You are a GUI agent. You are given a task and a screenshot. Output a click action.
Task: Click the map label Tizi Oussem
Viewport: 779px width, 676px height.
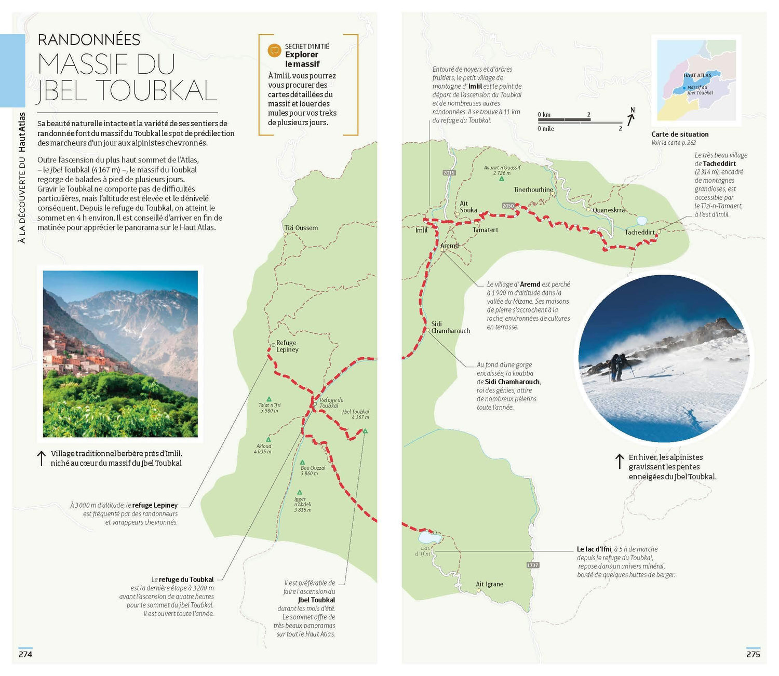pyautogui.click(x=301, y=228)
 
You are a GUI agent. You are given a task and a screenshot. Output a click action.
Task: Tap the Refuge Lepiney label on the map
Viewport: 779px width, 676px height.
pyautogui.click(x=287, y=346)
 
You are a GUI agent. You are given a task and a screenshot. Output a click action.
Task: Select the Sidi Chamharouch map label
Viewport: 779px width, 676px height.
pyautogui.click(x=450, y=328)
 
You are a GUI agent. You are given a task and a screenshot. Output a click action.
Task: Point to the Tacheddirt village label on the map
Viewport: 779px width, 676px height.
pyautogui.click(x=639, y=232)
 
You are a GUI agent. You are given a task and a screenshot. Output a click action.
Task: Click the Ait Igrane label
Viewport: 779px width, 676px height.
pyautogui.click(x=489, y=584)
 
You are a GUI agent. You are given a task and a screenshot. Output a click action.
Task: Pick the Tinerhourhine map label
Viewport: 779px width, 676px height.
pyautogui.click(x=533, y=190)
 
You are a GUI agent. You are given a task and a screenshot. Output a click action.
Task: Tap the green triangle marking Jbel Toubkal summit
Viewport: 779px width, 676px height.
pyautogui.click(x=365, y=431)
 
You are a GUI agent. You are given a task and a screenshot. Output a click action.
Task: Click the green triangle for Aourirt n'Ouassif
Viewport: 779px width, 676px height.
pyautogui.click(x=502, y=179)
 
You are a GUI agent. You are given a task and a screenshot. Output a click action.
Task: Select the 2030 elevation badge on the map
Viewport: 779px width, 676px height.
pyautogui.click(x=508, y=206)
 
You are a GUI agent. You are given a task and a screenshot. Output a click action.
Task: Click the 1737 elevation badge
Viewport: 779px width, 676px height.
pyautogui.click(x=533, y=565)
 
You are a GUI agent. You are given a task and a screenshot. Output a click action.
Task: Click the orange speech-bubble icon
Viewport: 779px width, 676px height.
pyautogui.click(x=274, y=50)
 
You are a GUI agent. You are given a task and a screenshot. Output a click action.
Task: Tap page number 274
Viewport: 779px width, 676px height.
pyautogui.click(x=25, y=654)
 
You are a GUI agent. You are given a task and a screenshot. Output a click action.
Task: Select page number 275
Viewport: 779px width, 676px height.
pyautogui.click(x=753, y=654)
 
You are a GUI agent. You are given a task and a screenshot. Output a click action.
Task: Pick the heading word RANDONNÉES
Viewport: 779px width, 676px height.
pyautogui.click(x=89, y=39)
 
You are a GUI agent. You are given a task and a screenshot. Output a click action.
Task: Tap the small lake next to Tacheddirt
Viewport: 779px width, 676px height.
pyautogui.click(x=642, y=221)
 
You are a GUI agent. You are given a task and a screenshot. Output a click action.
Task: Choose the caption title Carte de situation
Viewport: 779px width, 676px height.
pyautogui.click(x=680, y=134)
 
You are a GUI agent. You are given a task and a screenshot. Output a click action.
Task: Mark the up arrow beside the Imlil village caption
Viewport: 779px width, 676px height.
pyautogui.click(x=41, y=458)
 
